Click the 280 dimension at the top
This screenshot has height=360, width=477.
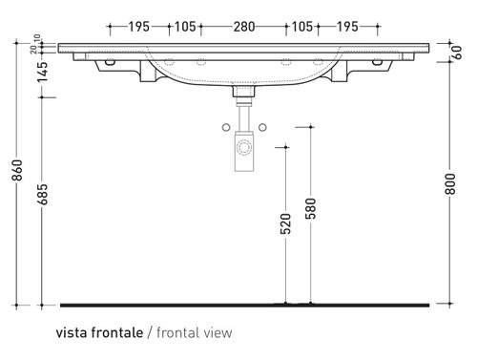point(242,27)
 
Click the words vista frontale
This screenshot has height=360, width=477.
point(99,333)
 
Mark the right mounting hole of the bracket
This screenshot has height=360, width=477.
point(383,64)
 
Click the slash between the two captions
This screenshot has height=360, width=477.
point(147,333)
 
